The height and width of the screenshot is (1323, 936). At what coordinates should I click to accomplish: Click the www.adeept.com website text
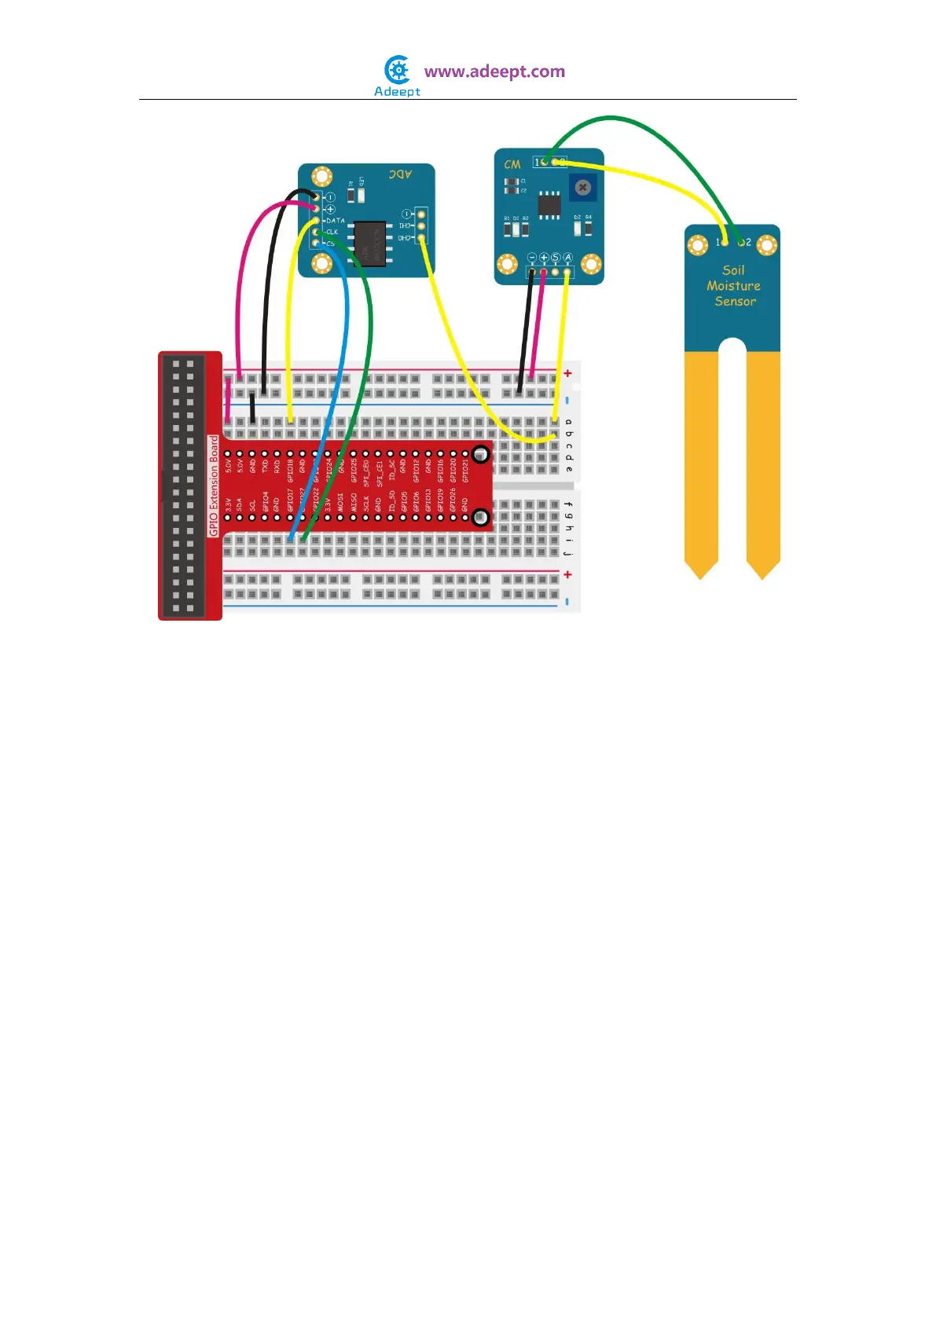494,71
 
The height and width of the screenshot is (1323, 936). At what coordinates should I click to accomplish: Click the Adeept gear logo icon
398,70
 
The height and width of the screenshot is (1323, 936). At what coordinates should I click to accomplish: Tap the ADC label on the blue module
400,174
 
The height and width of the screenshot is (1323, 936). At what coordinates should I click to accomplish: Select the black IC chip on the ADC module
370,242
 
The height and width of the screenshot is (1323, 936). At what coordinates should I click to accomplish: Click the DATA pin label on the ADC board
336,221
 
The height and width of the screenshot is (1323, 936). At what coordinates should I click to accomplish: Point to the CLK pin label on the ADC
332,232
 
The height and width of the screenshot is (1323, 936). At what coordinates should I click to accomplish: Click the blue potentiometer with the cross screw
582,187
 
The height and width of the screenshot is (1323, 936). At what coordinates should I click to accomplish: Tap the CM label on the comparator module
512,164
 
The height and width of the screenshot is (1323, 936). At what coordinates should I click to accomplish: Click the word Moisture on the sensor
733,286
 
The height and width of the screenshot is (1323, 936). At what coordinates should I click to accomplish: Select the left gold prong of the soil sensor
701,464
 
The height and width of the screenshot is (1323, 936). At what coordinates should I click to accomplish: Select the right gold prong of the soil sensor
763,464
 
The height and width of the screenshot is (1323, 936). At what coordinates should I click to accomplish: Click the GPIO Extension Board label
214,486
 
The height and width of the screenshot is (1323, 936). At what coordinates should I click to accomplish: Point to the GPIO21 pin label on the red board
465,471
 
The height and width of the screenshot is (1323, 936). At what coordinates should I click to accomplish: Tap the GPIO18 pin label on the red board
290,471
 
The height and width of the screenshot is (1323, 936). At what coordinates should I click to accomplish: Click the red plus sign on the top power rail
567,373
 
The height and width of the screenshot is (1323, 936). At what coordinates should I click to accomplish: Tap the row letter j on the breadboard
568,553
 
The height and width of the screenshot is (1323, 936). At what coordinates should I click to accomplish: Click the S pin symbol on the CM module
556,258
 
